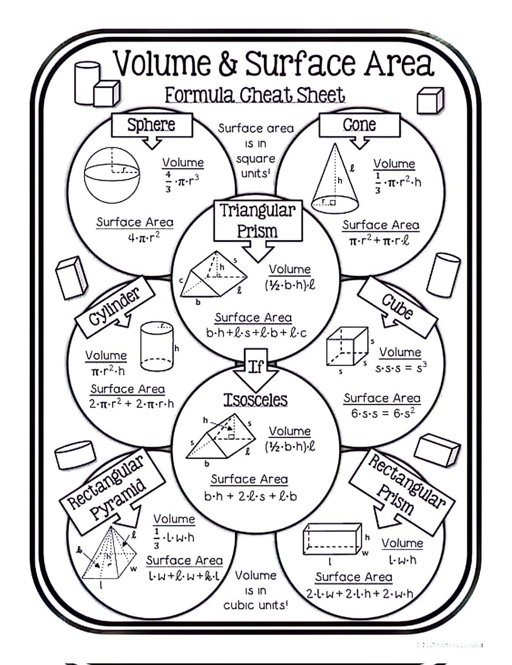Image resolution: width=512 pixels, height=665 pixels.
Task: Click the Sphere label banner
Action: (152, 125)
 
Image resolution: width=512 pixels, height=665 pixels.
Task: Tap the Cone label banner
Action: (359, 125)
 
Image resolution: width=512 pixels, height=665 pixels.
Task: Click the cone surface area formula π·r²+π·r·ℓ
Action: (380, 242)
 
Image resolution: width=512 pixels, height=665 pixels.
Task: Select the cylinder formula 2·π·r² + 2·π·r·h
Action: (131, 404)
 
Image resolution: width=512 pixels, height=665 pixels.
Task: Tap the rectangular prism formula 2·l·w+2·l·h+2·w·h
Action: (360, 594)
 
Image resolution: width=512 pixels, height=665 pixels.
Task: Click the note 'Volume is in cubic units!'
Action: (255, 590)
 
